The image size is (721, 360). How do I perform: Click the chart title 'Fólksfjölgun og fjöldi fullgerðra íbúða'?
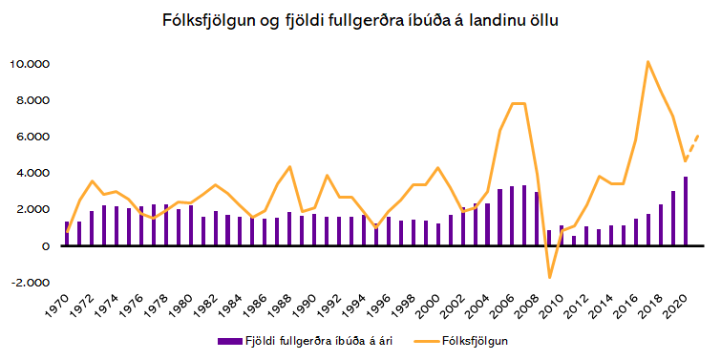click(x=361, y=19)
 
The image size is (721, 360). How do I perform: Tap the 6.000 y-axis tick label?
click(x=32, y=137)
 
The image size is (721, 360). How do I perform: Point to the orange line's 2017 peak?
click(x=648, y=62)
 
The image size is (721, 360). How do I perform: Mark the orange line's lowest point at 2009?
click(x=549, y=278)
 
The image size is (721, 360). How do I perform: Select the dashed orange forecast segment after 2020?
click(x=692, y=146)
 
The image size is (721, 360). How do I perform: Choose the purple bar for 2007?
click(x=524, y=216)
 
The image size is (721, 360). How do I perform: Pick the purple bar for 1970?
click(x=67, y=234)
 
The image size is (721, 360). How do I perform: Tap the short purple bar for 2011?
click(x=574, y=241)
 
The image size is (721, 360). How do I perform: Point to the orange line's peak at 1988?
click(x=289, y=167)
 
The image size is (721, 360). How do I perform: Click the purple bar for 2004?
click(x=487, y=224)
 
